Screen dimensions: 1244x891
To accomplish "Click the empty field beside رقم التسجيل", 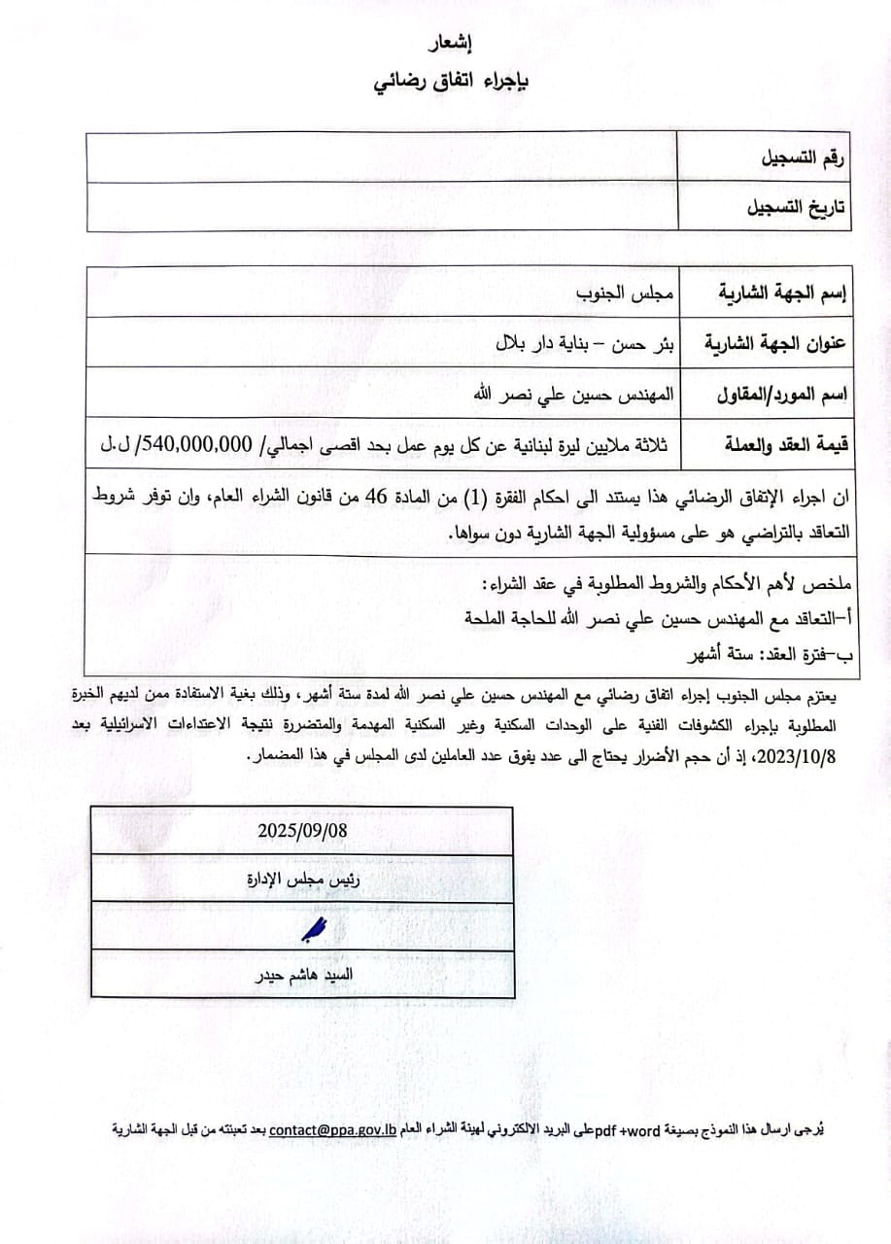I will (x=381, y=157).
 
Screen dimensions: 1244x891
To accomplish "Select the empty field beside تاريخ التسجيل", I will (x=381, y=206).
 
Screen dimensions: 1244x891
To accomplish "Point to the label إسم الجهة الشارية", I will (x=783, y=292).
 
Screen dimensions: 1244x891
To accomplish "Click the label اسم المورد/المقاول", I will (x=782, y=395).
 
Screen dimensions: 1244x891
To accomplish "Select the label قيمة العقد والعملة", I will (x=783, y=445).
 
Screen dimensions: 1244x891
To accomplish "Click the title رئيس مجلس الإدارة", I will (x=302, y=879).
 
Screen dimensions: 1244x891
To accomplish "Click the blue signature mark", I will (x=313, y=930).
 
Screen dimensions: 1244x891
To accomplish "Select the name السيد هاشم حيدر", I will (x=302, y=975).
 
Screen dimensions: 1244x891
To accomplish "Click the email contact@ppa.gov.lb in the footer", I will (x=332, y=1129).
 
